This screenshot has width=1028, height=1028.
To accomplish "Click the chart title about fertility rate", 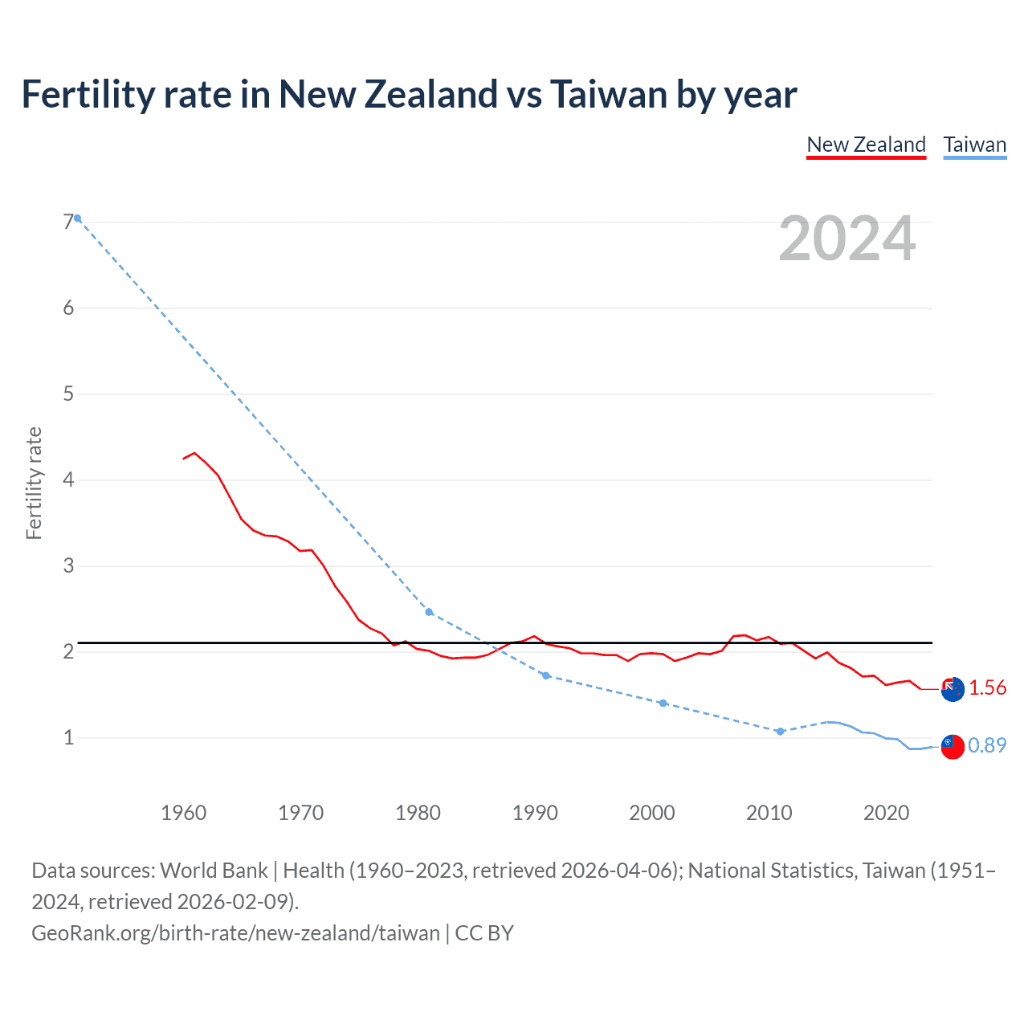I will (409, 95).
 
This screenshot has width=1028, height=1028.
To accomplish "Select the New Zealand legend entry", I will (866, 145).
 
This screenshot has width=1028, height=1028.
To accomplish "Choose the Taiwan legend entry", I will (974, 145).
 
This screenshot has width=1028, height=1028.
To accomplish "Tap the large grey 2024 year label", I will (846, 239).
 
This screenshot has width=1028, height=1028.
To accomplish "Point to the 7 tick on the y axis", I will (68, 222).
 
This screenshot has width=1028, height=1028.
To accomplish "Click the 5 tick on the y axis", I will (68, 394).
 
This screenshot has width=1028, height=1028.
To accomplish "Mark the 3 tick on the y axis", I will (68, 565).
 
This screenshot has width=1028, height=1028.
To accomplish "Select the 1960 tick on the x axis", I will (183, 813).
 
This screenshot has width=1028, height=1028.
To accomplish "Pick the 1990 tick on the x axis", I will (535, 813).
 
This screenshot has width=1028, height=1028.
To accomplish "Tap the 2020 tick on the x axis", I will (886, 813).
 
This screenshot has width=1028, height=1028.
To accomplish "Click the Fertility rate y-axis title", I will (34, 483).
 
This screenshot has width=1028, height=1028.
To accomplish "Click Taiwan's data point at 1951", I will (78, 218).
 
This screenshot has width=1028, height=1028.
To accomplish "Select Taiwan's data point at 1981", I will (429, 612).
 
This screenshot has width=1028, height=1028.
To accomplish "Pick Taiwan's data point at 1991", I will (546, 675).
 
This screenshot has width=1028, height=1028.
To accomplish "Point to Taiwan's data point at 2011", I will (780, 731).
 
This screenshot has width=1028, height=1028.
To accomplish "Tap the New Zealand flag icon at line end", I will (953, 689).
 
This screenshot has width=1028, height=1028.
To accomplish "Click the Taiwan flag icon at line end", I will (953, 746).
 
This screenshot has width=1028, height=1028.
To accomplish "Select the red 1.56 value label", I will (987, 688).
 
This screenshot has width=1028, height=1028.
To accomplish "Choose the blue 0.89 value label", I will (987, 746).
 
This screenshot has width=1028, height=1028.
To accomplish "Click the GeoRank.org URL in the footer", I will (235, 933).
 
